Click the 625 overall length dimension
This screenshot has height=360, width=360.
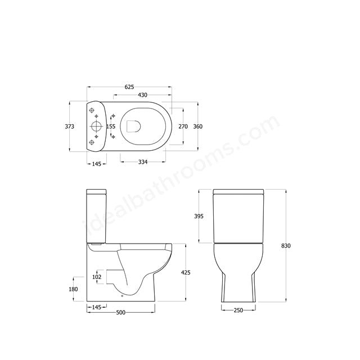tap(129, 87)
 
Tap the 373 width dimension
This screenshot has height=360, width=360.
tap(69, 127)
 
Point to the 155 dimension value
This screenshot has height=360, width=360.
tap(111, 127)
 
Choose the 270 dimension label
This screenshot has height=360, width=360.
tap(183, 127)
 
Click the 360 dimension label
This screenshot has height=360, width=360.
tap(197, 127)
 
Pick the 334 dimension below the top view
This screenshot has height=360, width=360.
tap(142, 163)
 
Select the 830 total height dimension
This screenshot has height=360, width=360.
tap(286, 246)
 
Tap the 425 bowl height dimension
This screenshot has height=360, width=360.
tap(186, 273)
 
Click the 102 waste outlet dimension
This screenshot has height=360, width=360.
tap(96, 277)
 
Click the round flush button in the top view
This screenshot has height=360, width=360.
tap(96, 127)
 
